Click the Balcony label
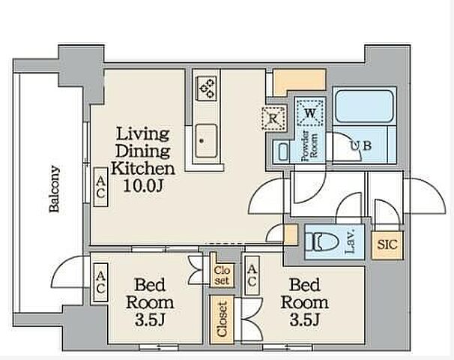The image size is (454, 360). click(x=54, y=189)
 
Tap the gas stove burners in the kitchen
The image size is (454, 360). click(x=208, y=88)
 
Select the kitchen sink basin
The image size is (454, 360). click(x=206, y=141)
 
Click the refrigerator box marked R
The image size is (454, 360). click(x=273, y=118)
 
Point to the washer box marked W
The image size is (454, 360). click(x=310, y=113)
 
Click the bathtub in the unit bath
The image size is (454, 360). click(x=364, y=106)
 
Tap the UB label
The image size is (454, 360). click(x=361, y=145)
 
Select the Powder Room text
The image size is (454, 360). click(x=309, y=145)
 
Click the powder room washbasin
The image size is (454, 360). click(x=283, y=151)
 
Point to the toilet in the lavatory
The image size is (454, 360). click(x=322, y=242)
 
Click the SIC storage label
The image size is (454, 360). click(x=387, y=245)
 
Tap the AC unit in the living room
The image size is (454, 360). click(x=100, y=187)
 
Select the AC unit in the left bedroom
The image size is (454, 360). click(x=100, y=282)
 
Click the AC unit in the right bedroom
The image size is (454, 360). click(x=252, y=276)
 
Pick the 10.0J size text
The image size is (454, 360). click(x=144, y=186)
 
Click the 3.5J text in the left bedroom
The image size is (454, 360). click(x=150, y=320)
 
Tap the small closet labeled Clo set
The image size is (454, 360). click(x=222, y=275)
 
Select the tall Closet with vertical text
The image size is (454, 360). click(x=222, y=319)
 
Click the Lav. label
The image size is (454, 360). click(x=351, y=241)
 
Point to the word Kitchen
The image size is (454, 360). click(x=143, y=168)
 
